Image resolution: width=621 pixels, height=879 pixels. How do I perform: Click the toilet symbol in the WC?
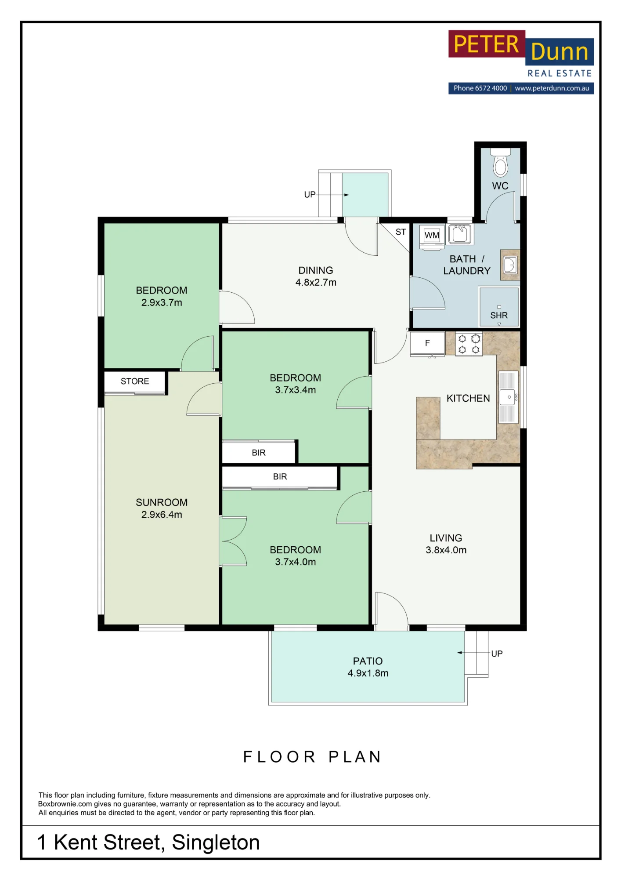coord(500,162)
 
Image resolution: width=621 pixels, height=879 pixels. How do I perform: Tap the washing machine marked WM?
coord(432,237)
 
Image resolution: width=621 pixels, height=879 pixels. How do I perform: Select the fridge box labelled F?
coord(427,343)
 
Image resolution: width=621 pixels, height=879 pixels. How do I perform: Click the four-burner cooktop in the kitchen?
coord(469,344)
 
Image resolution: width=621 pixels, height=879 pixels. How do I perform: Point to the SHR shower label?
coord(499,316)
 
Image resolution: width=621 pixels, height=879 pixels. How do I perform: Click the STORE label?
coord(135,381)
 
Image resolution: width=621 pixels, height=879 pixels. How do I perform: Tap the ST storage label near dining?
coord(401,232)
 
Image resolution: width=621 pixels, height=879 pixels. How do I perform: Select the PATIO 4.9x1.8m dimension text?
coord(368,673)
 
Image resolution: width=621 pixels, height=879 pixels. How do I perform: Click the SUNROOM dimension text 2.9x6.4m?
coord(162,515)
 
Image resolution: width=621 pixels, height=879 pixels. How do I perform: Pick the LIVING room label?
coord(446,538)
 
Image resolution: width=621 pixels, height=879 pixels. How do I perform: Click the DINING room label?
coord(316,270)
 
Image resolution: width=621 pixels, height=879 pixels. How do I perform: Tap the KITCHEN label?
coord(468,398)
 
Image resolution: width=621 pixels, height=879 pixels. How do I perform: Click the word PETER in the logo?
coord(486,44)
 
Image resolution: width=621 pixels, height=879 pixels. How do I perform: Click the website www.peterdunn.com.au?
coord(552,88)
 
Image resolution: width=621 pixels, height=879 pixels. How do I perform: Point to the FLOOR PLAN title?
coord(312,757)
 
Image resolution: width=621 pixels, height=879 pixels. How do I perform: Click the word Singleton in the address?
coord(216,843)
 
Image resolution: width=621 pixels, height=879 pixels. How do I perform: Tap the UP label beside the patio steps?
coord(497,654)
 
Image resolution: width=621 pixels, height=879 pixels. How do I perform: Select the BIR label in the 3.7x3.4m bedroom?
coord(259,453)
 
